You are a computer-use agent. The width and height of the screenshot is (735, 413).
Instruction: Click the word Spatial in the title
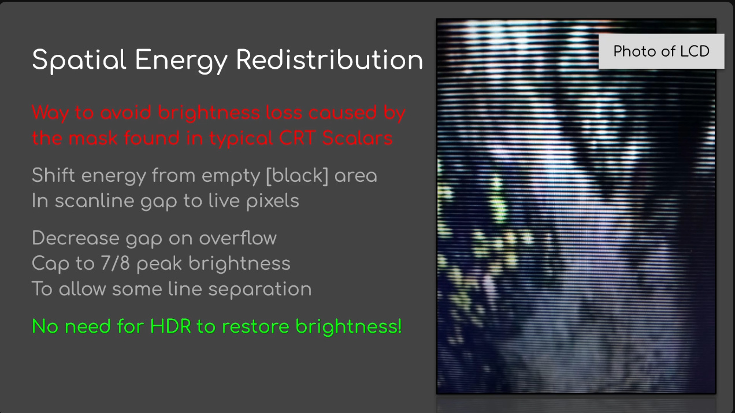coord(79,60)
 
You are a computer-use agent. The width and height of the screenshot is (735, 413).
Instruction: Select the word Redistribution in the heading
coord(329,59)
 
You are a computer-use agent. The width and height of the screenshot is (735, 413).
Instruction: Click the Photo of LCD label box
coord(661,51)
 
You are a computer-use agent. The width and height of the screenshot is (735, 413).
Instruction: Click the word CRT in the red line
coord(297,137)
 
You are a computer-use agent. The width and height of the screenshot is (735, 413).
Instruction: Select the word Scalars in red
coord(357,137)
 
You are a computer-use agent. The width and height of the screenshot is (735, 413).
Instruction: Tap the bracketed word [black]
coord(297,176)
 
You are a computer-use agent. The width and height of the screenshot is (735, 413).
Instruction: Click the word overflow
coord(238,238)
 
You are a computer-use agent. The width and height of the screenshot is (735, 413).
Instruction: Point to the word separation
coord(260,289)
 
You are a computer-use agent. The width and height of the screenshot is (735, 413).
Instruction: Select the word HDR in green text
coord(170,326)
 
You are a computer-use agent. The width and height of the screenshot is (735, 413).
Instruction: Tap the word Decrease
coord(76,238)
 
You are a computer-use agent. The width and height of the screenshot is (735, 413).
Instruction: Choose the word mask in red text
coord(93,137)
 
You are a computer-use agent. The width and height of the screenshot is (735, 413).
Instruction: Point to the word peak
coord(159,264)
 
